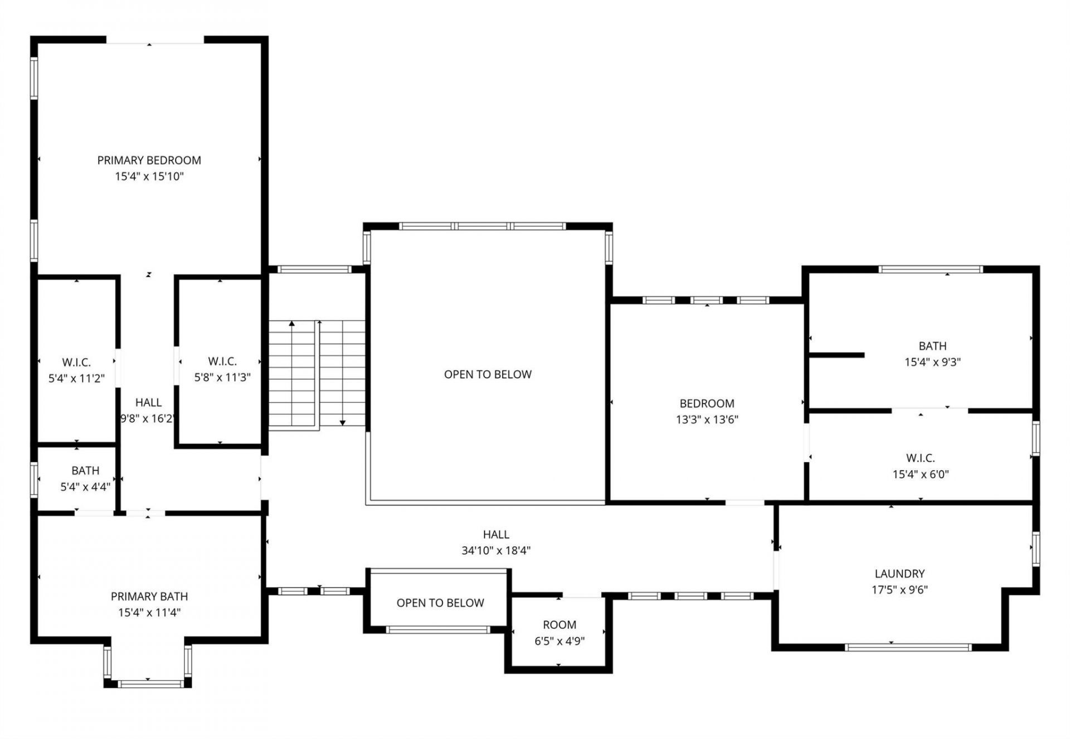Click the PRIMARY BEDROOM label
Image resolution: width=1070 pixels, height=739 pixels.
149,160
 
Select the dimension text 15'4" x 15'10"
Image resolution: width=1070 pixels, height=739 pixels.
149,177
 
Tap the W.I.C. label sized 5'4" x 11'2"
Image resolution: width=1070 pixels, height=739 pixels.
76,363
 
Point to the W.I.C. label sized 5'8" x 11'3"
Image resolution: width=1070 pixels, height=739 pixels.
222,361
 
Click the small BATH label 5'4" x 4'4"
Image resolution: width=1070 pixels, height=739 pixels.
85,471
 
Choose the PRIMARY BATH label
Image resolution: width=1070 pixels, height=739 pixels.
149,596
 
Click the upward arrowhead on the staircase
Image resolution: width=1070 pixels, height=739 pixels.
291,323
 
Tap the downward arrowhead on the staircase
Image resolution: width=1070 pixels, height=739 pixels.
343,423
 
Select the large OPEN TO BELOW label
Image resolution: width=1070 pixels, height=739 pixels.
488,374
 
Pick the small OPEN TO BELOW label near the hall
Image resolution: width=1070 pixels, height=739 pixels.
440,603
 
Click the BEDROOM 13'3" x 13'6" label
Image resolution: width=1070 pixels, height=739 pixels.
707,403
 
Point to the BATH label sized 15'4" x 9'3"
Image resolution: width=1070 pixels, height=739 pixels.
932,346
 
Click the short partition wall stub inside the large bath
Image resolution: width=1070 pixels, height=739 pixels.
836,355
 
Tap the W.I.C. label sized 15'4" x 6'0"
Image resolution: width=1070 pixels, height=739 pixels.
920,458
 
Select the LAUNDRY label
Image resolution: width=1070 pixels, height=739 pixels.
899,574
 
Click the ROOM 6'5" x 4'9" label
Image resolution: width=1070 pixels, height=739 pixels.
560,625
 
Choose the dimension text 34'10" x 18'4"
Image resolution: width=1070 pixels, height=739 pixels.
495,551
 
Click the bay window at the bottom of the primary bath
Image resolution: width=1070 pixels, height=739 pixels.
148,683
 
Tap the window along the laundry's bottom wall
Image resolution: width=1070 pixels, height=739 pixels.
908,647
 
